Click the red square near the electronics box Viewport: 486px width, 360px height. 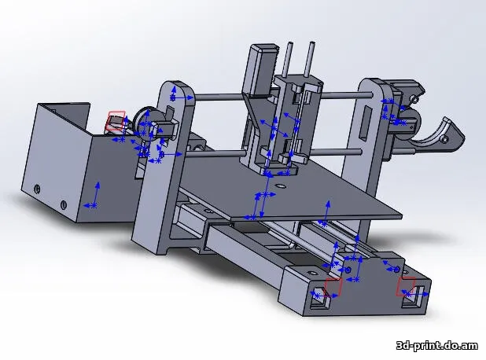tap(116, 119)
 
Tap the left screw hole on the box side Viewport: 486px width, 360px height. tap(39, 189)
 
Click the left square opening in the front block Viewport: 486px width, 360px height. tap(320, 298)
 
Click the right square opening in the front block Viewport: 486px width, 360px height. tap(412, 297)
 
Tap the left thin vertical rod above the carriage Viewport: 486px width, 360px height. tap(290, 58)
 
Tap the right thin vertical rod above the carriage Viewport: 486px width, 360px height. tap(311, 60)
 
